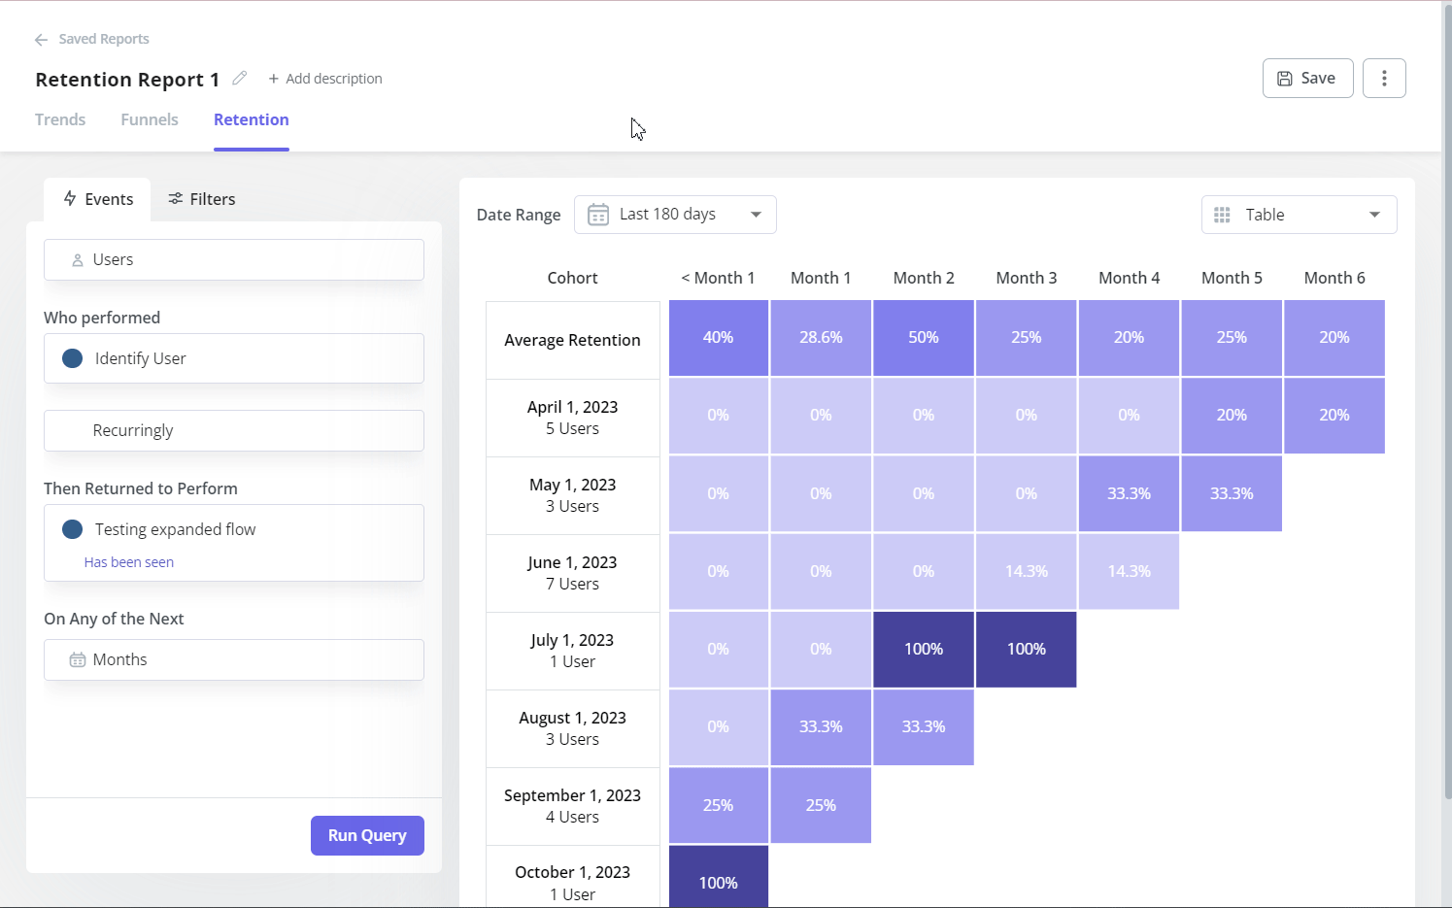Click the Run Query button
click(367, 835)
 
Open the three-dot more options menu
click(1384, 79)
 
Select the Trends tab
click(60, 119)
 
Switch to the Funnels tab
click(150, 119)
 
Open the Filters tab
click(202, 199)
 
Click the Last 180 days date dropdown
click(675, 215)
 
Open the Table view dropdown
click(1299, 215)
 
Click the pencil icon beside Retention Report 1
click(240, 79)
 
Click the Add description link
click(325, 79)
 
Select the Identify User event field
click(234, 358)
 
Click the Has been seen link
click(129, 562)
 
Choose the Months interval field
click(234, 659)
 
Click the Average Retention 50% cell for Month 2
click(923, 338)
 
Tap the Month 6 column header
click(1334, 278)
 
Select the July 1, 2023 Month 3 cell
click(1026, 649)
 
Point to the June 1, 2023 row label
click(572, 573)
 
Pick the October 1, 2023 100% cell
click(718, 879)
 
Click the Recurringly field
click(234, 430)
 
